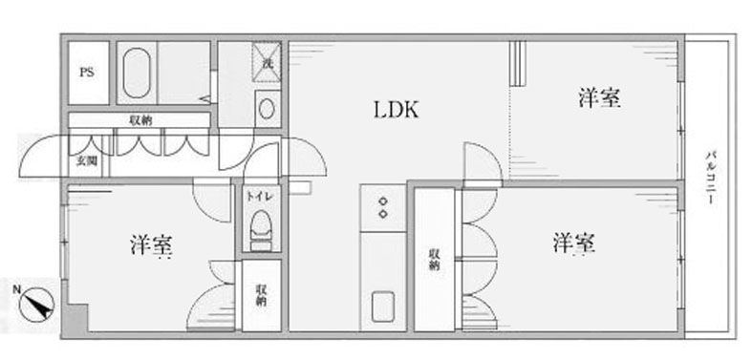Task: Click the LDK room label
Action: [397, 110]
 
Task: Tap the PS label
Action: [87, 74]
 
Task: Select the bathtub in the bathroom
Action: [137, 73]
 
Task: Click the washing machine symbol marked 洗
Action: [267, 62]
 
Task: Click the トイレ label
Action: [261, 196]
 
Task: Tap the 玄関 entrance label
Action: [87, 160]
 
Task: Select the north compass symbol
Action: [37, 304]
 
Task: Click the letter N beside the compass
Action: [17, 289]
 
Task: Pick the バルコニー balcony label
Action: [709, 178]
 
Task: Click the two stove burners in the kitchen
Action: [383, 207]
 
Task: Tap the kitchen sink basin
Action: [383, 307]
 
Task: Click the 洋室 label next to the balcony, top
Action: [599, 97]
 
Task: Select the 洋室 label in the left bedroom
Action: [151, 245]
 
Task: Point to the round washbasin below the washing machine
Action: [267, 109]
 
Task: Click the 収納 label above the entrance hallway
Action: [140, 121]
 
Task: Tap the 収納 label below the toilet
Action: [261, 295]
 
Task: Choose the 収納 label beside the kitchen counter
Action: [434, 260]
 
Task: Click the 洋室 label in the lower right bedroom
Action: [574, 244]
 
